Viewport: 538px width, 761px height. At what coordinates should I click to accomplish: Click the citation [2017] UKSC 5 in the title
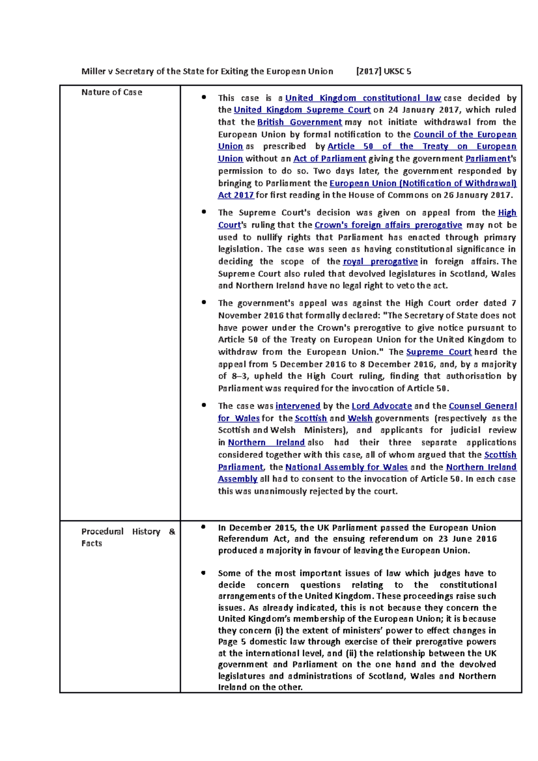[x=383, y=71]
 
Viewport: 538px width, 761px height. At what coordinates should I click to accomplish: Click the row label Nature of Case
[x=112, y=92]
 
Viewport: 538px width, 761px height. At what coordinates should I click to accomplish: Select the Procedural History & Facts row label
[x=128, y=537]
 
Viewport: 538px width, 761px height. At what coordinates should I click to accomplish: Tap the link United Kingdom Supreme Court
[x=302, y=110]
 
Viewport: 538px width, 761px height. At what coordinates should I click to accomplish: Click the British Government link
[x=299, y=122]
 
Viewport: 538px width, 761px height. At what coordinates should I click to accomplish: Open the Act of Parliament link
[x=330, y=159]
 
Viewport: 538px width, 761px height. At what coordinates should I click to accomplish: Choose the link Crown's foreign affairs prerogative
[x=388, y=225]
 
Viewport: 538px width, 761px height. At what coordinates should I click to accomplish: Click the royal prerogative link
[x=380, y=262]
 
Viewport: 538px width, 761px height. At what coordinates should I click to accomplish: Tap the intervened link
[x=298, y=406]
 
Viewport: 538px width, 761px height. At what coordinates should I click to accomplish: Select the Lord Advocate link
[x=382, y=406]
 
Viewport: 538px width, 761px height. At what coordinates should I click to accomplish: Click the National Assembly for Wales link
[x=346, y=467]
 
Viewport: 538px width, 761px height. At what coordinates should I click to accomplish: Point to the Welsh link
[x=360, y=418]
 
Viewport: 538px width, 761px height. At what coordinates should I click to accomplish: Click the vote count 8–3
[x=236, y=376]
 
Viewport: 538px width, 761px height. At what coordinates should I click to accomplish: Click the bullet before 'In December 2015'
[x=204, y=527]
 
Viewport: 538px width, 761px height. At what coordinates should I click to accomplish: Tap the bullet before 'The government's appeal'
[x=204, y=303]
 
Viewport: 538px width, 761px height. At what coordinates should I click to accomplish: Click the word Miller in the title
[x=92, y=71]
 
